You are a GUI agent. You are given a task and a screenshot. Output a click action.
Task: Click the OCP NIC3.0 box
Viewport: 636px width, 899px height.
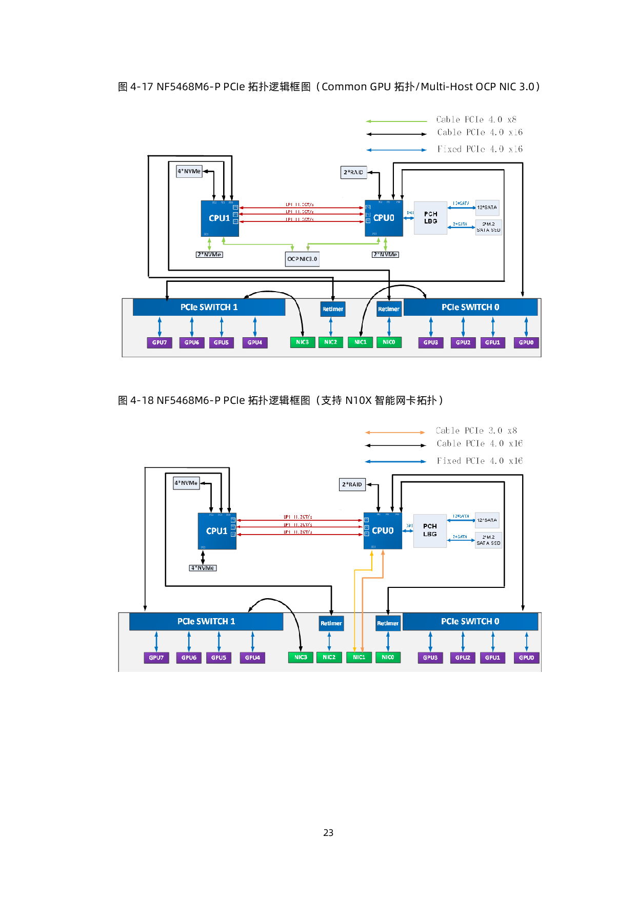click(303, 259)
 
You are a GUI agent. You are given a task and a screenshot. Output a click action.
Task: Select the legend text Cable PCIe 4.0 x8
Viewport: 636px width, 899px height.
click(476, 119)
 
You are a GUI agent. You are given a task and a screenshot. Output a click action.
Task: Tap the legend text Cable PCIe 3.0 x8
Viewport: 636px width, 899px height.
click(476, 431)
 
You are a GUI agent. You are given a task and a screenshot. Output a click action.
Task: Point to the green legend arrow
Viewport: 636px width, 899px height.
click(396, 121)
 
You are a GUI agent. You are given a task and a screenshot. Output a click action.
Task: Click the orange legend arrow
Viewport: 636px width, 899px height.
click(395, 433)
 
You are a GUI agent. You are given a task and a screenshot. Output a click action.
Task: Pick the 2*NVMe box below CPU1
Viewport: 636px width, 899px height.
click(210, 255)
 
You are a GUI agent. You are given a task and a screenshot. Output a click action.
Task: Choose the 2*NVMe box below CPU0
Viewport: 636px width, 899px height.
click(385, 255)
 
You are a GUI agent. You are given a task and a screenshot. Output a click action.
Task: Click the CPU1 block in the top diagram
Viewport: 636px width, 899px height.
click(220, 218)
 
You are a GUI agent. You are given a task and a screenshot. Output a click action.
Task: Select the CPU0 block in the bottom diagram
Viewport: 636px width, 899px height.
click(383, 531)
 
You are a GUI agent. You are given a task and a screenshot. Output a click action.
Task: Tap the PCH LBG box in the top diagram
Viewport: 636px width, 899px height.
click(430, 218)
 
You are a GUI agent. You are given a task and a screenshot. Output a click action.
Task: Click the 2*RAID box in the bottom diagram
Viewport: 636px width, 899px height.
click(352, 484)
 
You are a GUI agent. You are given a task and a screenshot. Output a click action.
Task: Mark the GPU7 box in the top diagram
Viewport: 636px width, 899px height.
click(160, 342)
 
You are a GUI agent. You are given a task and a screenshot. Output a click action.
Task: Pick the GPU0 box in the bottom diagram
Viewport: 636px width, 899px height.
click(526, 658)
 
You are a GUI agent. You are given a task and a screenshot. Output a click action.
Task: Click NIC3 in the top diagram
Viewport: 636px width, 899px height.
click(302, 342)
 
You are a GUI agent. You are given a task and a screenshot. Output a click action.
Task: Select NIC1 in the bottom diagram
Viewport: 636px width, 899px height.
click(359, 657)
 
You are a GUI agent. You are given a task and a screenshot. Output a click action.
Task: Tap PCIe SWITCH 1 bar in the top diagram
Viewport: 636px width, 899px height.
click(209, 307)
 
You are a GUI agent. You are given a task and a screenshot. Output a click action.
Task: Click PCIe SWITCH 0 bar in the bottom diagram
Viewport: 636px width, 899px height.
click(470, 621)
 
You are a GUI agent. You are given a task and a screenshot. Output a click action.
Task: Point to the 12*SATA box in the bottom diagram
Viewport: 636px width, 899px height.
click(487, 520)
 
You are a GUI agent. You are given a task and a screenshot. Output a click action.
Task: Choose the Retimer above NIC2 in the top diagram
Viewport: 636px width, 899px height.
click(333, 309)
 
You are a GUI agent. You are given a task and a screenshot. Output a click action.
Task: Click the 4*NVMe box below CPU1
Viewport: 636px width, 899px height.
click(203, 568)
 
